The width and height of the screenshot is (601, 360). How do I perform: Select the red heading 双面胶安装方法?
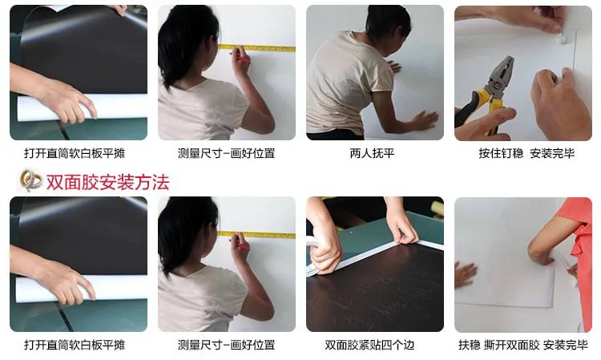click(107, 182)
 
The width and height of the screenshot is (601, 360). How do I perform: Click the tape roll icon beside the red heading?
click(31, 180)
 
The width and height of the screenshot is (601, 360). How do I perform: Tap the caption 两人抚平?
click(372, 153)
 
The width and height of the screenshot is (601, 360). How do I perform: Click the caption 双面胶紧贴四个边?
click(369, 345)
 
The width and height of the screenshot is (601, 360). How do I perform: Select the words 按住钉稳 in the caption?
click(501, 153)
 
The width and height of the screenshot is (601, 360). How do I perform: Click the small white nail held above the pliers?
click(561, 38)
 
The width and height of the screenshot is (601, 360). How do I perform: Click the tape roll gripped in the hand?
click(315, 257)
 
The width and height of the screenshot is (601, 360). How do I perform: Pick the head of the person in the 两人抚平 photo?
click(387, 22)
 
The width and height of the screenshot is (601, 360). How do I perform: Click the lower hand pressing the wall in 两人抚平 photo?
click(424, 120)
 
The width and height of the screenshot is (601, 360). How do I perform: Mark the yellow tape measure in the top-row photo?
click(256, 48)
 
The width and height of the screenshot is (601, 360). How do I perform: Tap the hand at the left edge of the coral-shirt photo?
click(465, 273)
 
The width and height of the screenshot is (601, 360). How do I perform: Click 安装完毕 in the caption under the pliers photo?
click(552, 153)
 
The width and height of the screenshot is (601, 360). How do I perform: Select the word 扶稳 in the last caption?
click(469, 345)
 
